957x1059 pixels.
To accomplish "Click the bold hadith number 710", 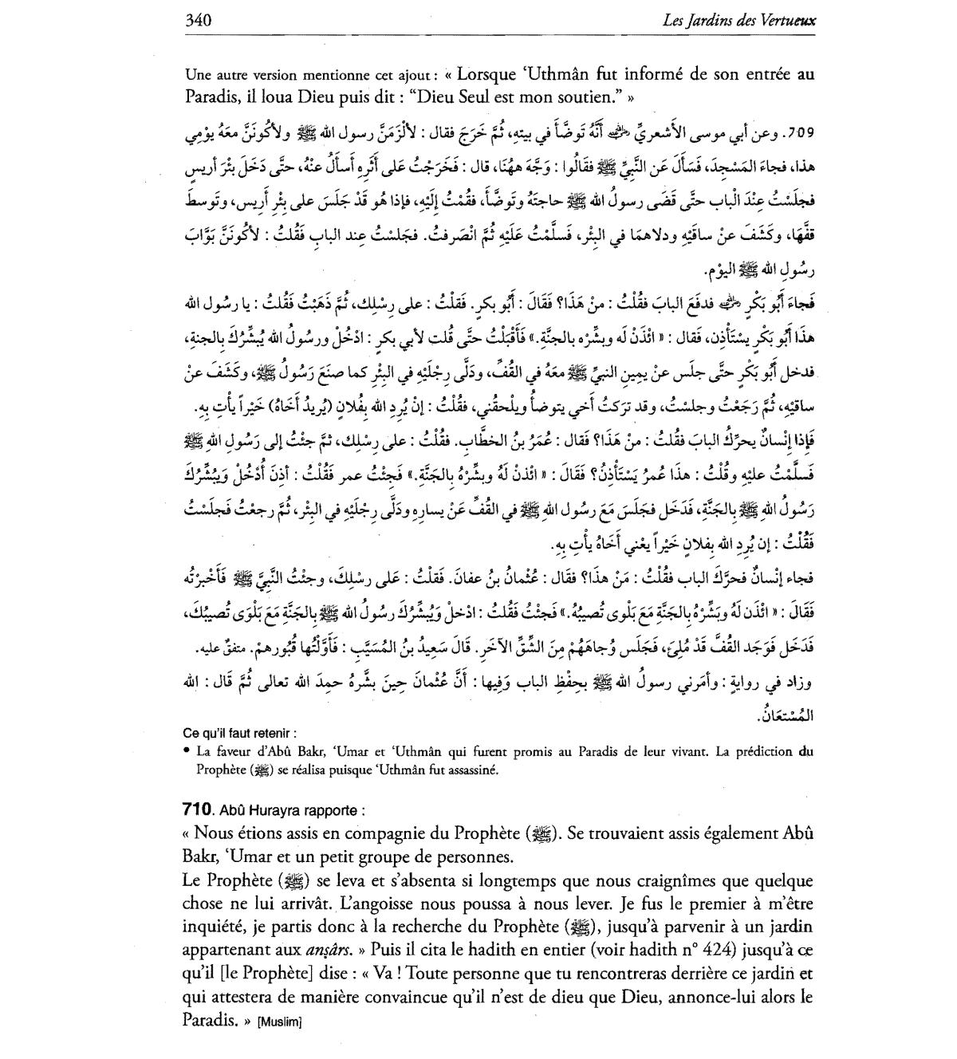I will pos(195,809).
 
